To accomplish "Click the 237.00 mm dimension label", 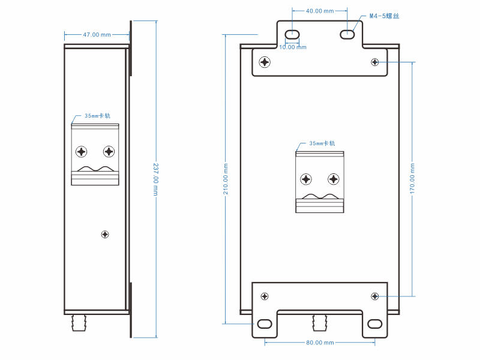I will pyautogui.click(x=155, y=179).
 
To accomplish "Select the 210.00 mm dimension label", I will pyautogui.click(x=225, y=179).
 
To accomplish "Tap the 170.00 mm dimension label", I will pyautogui.click(x=413, y=179).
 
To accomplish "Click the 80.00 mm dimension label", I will pyautogui.click(x=319, y=343).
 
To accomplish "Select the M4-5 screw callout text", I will pyautogui.click(x=385, y=17).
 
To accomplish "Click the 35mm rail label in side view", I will pyautogui.click(x=97, y=116).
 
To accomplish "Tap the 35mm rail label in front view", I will pyautogui.click(x=322, y=143).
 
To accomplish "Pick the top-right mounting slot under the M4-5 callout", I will pyautogui.click(x=347, y=34).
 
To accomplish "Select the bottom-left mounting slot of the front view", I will pyautogui.click(x=265, y=324).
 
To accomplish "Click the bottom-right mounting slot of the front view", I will pyautogui.click(x=374, y=324).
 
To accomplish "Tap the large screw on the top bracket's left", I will pyautogui.click(x=265, y=62).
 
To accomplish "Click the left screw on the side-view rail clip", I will pyautogui.click(x=82, y=151).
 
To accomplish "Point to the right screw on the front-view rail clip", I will pyautogui.click(x=333, y=179).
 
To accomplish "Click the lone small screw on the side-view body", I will pyautogui.click(x=106, y=234).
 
